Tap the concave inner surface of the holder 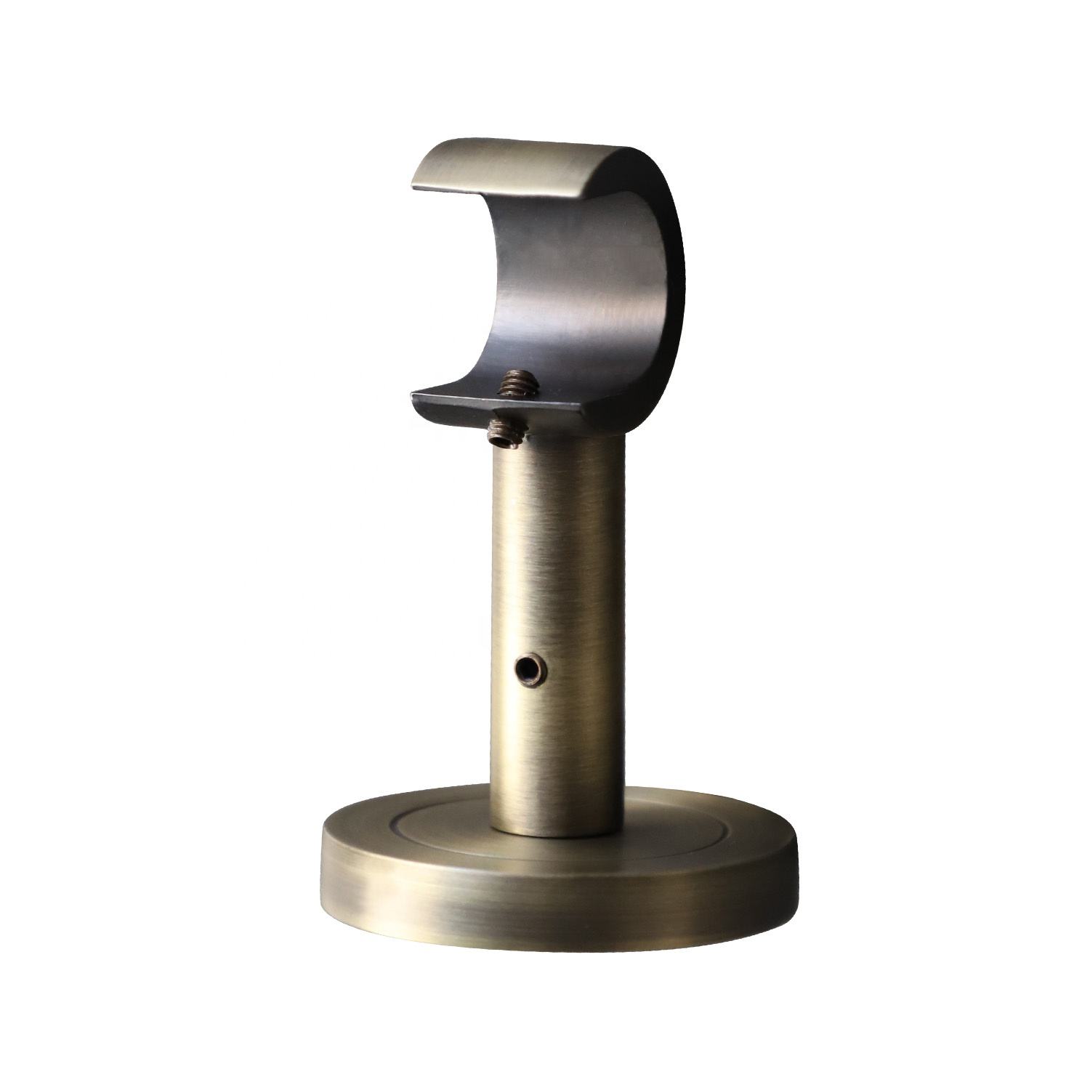point(574,291)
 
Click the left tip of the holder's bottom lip point(414,397)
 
